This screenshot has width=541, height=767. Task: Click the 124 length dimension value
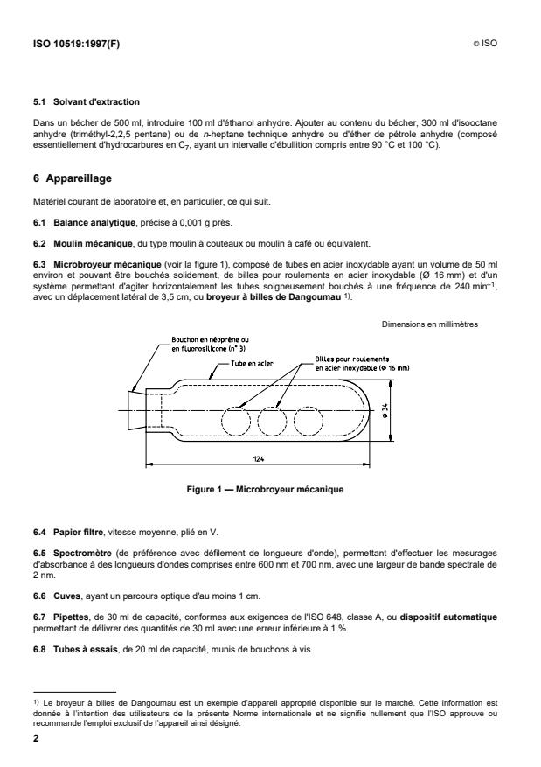pyautogui.click(x=259, y=457)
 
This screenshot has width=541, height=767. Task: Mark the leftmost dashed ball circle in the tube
pyautogui.click(x=237, y=421)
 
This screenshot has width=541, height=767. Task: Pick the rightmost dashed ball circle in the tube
pyautogui.click(x=309, y=421)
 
